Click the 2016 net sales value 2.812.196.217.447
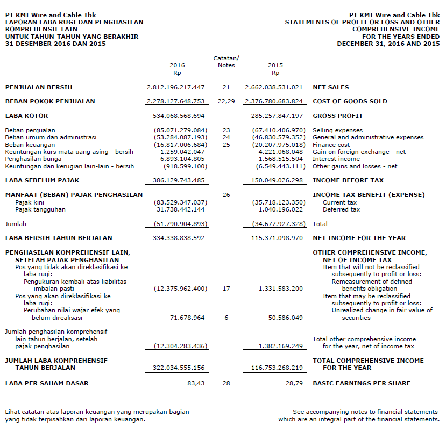[176, 87]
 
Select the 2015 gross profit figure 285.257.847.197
[274, 116]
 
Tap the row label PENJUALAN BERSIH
[39, 87]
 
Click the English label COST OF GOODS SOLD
[350, 101]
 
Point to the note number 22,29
[226, 101]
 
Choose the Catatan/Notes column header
[226, 61]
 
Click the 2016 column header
[177, 65]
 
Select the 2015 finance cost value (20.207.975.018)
[278, 145]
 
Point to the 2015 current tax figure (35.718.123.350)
[278, 202]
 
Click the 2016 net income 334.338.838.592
[176, 238]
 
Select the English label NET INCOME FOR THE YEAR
[359, 238]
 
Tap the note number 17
[226, 289]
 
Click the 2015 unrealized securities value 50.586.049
[284, 318]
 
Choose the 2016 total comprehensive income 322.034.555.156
[176, 368]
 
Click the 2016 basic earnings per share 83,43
[195, 383]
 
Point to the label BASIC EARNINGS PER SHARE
[362, 383]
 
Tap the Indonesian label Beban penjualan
[30, 130]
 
